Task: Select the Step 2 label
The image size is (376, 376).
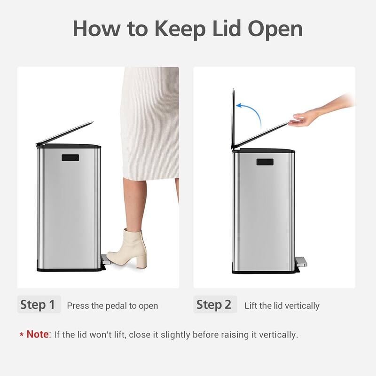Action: (x=214, y=305)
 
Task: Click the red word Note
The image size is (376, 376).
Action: (x=37, y=335)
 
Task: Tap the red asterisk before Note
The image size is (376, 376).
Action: (x=22, y=335)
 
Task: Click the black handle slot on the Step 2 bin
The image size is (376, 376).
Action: (x=265, y=162)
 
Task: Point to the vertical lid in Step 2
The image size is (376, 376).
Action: (x=233, y=117)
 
